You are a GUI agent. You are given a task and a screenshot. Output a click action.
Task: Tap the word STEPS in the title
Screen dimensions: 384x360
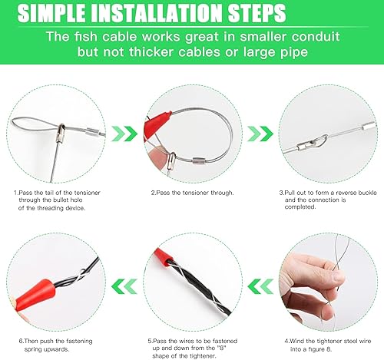(257, 13)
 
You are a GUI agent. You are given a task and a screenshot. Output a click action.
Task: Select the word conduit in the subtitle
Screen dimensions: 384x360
(316, 37)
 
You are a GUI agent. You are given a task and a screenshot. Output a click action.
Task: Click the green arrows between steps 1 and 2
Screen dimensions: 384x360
(124, 134)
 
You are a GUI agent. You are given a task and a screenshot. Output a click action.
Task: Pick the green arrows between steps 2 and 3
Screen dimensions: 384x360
(260, 134)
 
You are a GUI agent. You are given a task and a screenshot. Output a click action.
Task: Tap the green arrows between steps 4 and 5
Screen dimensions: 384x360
(260, 286)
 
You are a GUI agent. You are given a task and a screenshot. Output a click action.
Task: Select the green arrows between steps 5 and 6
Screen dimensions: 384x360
(124, 286)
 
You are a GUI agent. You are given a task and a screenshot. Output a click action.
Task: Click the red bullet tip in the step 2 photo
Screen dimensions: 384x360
(156, 123)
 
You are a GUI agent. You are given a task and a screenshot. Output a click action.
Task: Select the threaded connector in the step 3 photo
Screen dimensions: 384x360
(306, 145)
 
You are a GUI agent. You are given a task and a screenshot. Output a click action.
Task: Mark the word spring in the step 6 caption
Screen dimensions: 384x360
(35, 349)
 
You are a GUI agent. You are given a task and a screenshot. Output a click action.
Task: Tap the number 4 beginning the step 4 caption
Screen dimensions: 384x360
(286, 341)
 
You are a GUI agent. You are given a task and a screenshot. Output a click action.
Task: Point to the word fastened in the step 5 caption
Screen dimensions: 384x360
(225, 341)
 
